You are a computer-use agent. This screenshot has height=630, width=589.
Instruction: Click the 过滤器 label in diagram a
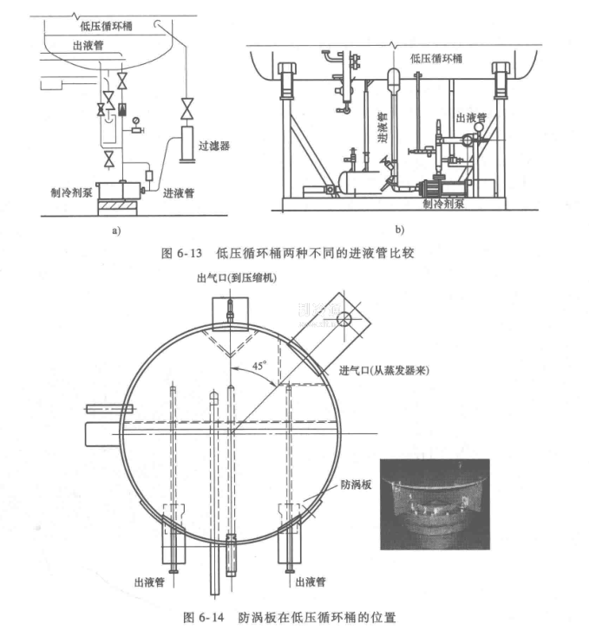pos(213,146)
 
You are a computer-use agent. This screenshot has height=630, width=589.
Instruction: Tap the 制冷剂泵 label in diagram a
pos(72,192)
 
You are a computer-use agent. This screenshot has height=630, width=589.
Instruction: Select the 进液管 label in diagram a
pos(178,193)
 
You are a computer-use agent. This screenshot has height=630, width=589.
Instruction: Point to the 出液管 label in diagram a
pos(88,45)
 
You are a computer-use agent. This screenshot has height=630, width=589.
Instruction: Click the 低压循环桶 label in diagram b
pos(436,59)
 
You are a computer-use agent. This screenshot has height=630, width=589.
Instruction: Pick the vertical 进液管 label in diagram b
pos(383,127)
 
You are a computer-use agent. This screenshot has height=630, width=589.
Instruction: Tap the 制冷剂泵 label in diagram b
pos(443,204)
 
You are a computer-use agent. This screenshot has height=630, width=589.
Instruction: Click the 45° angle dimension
pos(259,366)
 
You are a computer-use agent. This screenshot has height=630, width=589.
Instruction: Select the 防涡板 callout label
pos(356,484)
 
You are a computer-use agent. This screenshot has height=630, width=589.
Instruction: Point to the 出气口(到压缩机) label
pos(237,278)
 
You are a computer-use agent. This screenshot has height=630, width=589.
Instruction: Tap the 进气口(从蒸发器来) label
pos(383,370)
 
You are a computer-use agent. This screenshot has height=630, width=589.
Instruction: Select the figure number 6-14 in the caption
pos(211,618)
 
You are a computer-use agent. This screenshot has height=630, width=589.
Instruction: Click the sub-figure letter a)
pos(116,231)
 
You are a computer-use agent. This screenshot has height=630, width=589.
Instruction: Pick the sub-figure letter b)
pos(400,230)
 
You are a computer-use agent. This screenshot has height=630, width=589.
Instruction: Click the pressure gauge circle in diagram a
pos(135,120)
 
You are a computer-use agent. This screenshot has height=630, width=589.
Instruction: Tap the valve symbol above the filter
pos(187,108)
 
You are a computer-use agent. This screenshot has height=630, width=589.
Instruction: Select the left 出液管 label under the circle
pos(149,582)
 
